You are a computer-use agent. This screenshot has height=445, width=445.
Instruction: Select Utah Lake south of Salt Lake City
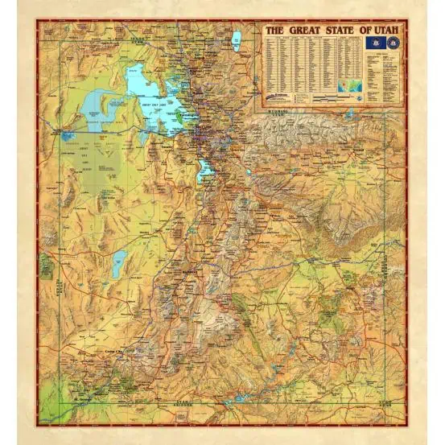tap(206, 170)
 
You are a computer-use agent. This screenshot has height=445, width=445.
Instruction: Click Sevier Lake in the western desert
tap(119, 260)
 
